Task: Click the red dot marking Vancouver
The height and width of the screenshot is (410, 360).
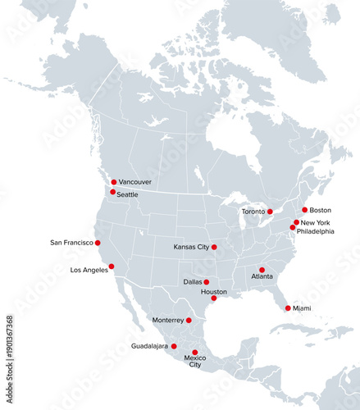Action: tap(114, 182)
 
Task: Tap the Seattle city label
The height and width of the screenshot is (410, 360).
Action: tap(127, 194)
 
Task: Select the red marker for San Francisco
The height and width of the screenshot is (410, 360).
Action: tap(98, 243)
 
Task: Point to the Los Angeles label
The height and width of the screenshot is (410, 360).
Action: tap(89, 270)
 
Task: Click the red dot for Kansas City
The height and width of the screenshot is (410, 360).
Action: tap(214, 247)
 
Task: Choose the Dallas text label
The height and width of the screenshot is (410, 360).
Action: tap(193, 282)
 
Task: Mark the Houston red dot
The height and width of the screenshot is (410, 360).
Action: tap(213, 298)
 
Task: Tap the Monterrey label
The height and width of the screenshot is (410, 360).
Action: tap(168, 320)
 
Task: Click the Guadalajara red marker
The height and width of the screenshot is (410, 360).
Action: tap(174, 346)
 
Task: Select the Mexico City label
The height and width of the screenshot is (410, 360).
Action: tap(195, 362)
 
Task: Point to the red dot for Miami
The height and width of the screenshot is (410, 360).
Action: tap(288, 308)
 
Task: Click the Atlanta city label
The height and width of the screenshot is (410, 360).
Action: tap(262, 276)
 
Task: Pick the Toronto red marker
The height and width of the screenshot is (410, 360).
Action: tap(270, 212)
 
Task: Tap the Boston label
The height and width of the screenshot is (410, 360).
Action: tap(321, 210)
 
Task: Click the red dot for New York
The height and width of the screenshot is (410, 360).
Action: tap(296, 222)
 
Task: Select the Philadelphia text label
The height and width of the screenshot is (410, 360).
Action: tap(316, 231)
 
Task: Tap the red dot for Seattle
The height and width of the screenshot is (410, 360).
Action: tap(112, 192)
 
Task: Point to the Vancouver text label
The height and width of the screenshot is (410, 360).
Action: tap(135, 182)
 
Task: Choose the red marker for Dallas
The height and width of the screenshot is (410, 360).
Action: tap(207, 282)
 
